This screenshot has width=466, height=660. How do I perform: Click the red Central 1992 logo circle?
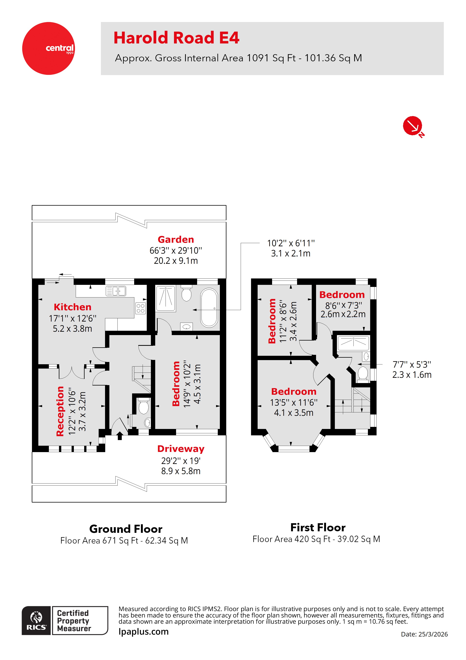[48, 48]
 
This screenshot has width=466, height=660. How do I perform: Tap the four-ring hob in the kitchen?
[140, 308]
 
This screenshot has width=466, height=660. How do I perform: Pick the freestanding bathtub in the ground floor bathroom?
[209, 308]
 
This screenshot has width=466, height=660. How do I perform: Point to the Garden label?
[176, 240]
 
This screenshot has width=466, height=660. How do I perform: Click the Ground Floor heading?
[126, 529]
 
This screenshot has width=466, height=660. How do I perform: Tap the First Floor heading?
[318, 528]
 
